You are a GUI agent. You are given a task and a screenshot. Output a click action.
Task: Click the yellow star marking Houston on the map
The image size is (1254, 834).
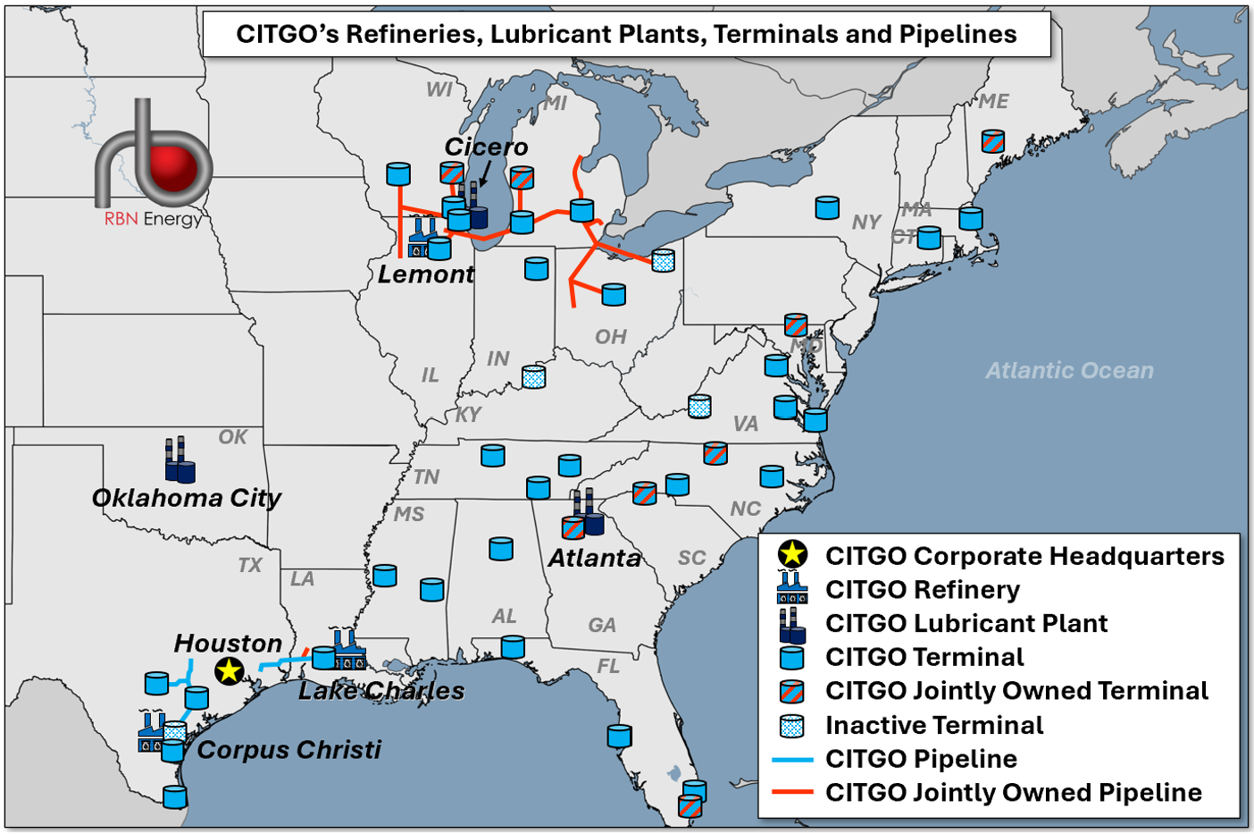230,670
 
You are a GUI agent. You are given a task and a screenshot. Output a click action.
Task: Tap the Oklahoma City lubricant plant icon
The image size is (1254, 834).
180,460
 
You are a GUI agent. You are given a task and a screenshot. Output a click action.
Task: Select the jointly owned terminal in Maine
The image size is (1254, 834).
993,141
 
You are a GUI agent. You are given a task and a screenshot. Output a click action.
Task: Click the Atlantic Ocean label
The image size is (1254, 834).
1069,370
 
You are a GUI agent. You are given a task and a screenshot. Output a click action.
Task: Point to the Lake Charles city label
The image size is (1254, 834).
381,691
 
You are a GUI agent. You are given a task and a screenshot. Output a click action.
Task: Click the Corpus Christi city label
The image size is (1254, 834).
288,749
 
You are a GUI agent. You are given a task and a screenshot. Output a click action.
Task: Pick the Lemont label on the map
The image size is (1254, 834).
426,274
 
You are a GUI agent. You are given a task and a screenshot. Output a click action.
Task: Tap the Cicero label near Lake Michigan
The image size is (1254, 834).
486,147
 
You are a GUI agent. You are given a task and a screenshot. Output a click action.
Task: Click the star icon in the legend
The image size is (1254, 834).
792,555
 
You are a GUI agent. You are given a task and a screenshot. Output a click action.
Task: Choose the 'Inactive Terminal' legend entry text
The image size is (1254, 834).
934,725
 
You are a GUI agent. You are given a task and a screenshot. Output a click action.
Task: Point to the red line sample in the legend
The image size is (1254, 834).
792,792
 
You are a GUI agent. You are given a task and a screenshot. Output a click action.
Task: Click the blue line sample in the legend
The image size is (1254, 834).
792,759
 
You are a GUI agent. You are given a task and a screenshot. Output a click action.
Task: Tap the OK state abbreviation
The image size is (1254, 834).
232,437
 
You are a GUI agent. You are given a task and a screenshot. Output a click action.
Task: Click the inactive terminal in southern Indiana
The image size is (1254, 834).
533,376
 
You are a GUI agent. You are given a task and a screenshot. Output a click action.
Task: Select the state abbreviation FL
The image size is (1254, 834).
608,666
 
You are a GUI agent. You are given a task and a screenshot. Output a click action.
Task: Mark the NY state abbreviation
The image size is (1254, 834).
866,222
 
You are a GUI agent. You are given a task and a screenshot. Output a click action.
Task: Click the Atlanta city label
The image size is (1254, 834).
594,559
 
